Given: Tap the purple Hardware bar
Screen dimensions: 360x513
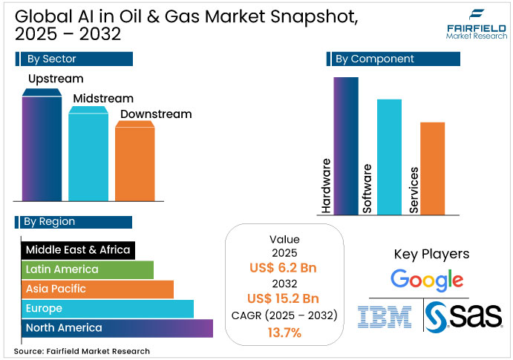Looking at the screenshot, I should point(346,145).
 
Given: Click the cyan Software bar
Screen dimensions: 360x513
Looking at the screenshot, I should point(389,156).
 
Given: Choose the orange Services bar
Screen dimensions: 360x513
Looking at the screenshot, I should point(432,168).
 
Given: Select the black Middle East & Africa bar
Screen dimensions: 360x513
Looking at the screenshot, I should point(78,249).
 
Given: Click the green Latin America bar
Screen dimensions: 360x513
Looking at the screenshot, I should point(87,269).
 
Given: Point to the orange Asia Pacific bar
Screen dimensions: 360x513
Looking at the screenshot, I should point(97,289).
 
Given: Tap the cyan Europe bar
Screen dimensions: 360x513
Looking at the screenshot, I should point(107,308).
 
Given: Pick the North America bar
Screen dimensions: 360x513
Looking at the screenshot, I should point(117,327).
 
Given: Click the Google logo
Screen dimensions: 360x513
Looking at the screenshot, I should point(427,280).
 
